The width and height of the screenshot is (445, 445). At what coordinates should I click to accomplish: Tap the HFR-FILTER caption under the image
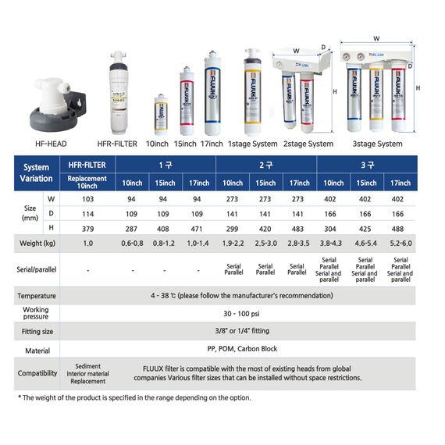click(x=117, y=144)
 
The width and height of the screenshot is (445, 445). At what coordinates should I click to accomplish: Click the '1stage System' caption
click(x=252, y=144)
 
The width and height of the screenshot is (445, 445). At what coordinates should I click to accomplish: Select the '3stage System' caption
click(x=378, y=144)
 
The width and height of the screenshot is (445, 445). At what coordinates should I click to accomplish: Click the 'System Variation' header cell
click(x=37, y=173)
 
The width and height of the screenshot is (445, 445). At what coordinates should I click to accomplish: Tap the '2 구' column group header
click(x=265, y=165)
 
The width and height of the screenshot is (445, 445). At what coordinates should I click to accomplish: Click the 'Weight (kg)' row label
click(x=37, y=244)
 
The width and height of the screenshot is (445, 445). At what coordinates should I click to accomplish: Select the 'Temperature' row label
click(x=37, y=296)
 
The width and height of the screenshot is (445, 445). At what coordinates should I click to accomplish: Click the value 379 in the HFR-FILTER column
click(x=87, y=227)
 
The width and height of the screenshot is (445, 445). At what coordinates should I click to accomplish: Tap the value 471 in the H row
click(x=199, y=227)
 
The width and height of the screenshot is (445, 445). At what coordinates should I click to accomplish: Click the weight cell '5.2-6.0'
click(x=400, y=244)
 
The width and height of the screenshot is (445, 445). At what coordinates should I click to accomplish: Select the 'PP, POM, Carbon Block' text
click(x=251, y=349)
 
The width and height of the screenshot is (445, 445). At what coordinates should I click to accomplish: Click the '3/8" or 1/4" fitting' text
click(x=251, y=332)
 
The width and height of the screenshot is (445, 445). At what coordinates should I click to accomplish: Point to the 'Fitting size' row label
click(x=37, y=332)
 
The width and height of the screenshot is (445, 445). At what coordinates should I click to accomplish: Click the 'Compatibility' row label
click(x=37, y=373)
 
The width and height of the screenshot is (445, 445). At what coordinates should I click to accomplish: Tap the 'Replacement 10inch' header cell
click(x=87, y=183)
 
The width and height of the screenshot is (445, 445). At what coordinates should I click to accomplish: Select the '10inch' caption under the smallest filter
click(x=158, y=144)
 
